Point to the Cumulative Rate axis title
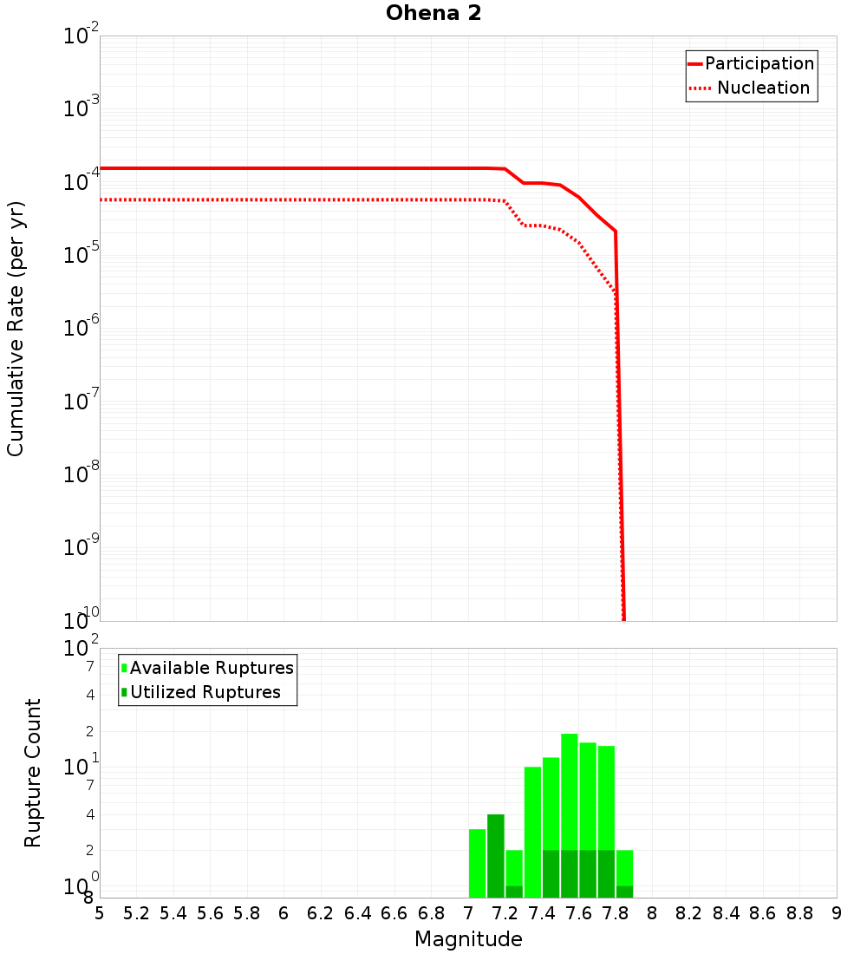coord(16,328)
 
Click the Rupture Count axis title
coord(33,773)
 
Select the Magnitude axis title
coord(468,939)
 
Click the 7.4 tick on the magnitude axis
coord(542,913)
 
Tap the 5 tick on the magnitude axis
coord(100,913)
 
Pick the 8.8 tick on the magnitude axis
coord(800,913)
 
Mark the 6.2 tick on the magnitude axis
coord(321,913)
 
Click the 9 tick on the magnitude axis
coord(837,913)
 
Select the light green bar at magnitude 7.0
coord(477,863)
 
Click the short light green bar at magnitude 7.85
coord(624,867)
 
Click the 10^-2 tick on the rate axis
coord(81,36)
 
